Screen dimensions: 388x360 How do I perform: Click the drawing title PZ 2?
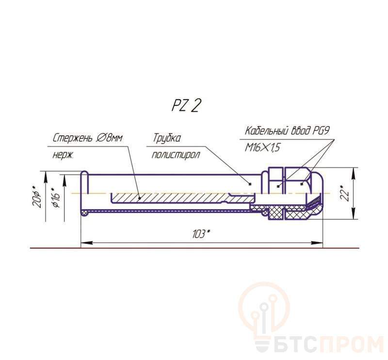point(185,106)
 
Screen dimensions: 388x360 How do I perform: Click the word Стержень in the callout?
point(72,138)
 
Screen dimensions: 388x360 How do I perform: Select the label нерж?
point(63,155)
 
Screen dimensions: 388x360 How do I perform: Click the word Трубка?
point(166,138)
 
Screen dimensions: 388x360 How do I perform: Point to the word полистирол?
point(176,155)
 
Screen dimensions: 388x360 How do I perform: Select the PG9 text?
point(321,131)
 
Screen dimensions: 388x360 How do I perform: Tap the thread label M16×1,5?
point(262,148)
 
